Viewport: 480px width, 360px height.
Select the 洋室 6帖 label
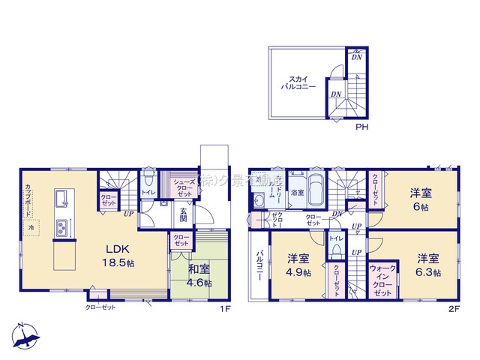(x=418, y=198)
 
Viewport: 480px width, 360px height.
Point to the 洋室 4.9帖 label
(x=298, y=265)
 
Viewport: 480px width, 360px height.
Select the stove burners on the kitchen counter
(x=60, y=226)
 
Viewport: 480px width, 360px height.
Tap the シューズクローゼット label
(x=184, y=187)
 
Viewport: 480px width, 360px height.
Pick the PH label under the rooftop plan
(x=361, y=126)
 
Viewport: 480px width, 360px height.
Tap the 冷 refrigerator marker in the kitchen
(x=31, y=226)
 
